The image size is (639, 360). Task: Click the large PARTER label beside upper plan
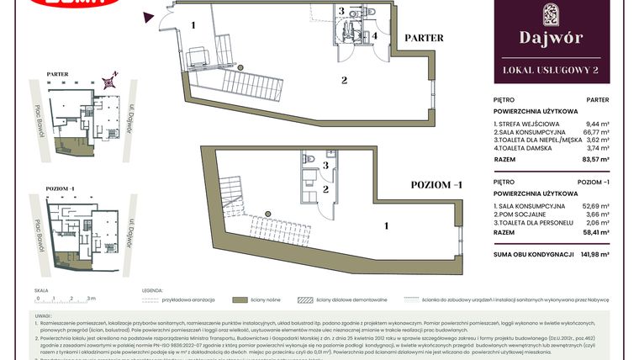425,38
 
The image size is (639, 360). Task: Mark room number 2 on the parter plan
344,81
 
